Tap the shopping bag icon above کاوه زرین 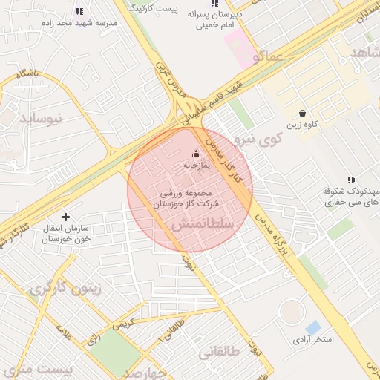pyautogui.click(x=303, y=113)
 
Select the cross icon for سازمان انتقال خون pyautogui.click(x=66, y=217)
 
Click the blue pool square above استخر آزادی pyautogui.click(x=313, y=327)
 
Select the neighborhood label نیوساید pyautogui.click(x=41, y=118)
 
